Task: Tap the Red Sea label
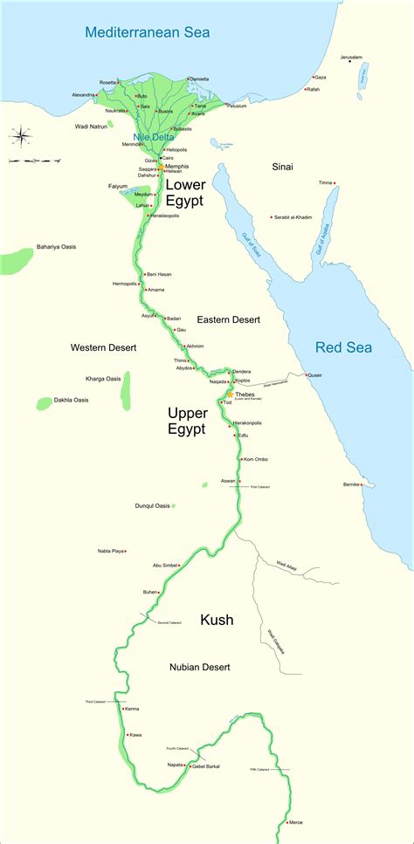click(x=343, y=347)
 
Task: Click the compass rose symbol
click(x=21, y=135)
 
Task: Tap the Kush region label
click(x=217, y=620)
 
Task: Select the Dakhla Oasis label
click(x=72, y=400)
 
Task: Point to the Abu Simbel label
click(x=169, y=565)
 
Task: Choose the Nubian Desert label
click(x=199, y=667)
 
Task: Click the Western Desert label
click(x=103, y=347)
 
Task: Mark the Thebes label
click(x=249, y=394)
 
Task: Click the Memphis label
click(x=176, y=166)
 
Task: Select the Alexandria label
click(x=84, y=94)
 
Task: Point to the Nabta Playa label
click(x=110, y=551)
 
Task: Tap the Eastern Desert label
click(x=228, y=320)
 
